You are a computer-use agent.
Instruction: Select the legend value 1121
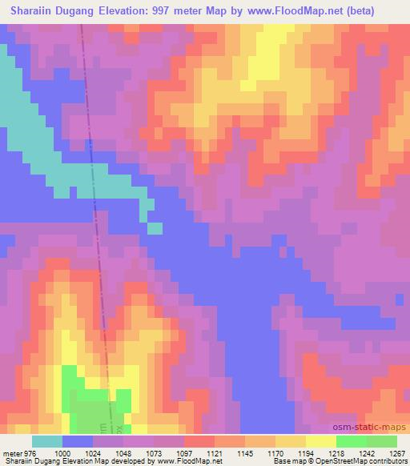(215, 452)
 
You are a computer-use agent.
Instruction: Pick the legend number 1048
(123, 452)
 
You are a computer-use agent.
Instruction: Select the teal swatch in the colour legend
(47, 441)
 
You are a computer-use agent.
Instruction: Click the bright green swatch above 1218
(352, 441)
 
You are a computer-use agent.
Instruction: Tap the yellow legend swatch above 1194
(321, 441)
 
